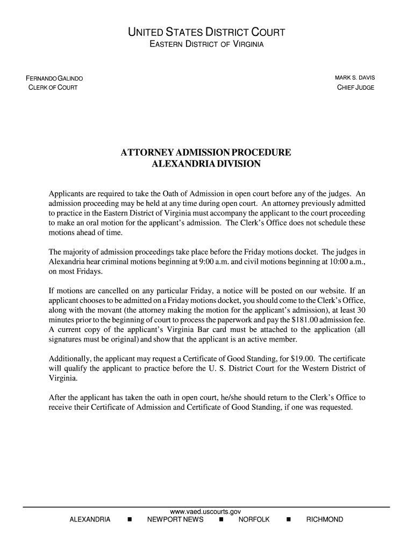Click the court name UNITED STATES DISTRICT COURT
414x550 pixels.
click(206, 33)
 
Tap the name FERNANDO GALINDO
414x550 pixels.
click(54, 79)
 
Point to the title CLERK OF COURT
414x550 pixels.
click(53, 88)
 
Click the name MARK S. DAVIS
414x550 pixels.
click(355, 78)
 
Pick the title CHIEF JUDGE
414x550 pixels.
click(355, 88)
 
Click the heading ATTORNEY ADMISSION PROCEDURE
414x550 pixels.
click(206, 153)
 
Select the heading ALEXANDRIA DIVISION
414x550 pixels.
click(206, 164)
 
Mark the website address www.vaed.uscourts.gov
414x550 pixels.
click(206, 512)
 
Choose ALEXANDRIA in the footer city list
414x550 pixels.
click(90, 520)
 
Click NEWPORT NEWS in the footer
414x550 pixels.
click(175, 520)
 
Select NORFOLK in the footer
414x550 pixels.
click(254, 520)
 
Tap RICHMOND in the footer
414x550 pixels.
click(324, 520)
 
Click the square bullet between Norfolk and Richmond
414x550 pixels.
click(289, 520)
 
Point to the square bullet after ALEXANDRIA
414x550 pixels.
click(129, 520)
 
